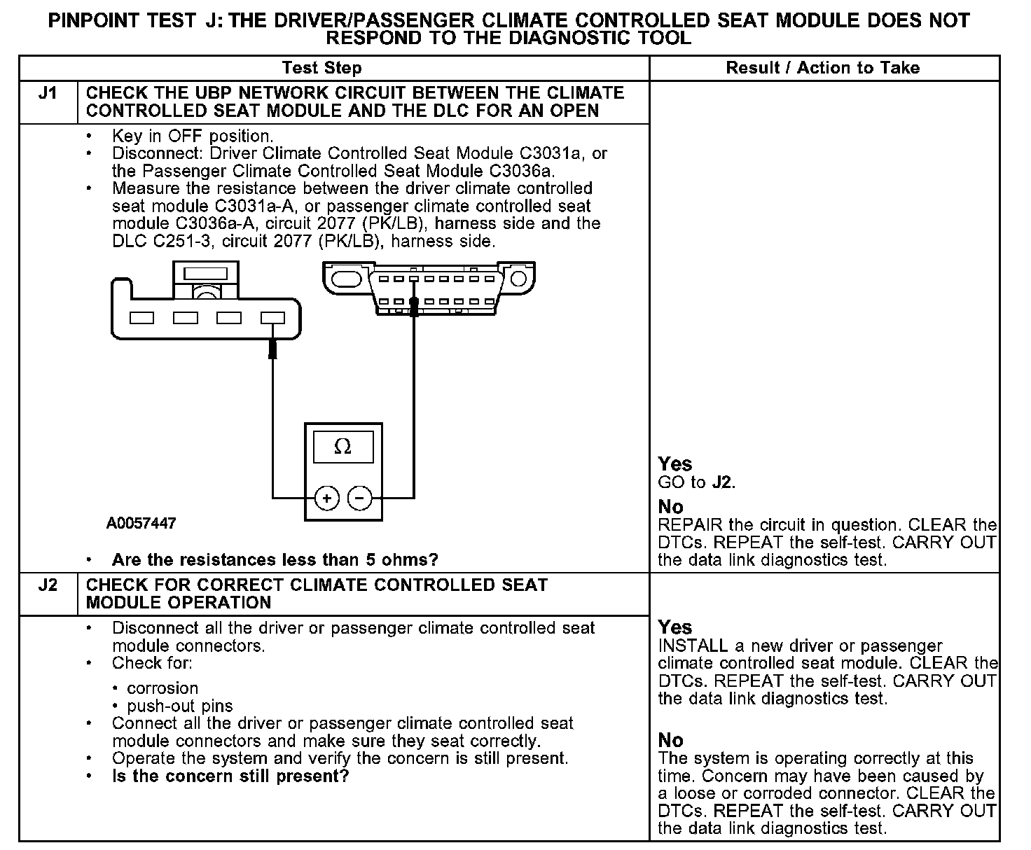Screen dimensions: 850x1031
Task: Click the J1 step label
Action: coord(48,93)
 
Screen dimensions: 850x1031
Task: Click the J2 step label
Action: coord(48,585)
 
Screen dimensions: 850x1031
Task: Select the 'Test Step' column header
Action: coord(321,68)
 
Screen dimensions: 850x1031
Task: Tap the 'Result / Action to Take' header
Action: coord(823,68)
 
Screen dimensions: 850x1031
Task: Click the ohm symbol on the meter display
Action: coord(342,447)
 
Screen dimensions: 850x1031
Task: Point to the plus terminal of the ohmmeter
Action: coord(326,498)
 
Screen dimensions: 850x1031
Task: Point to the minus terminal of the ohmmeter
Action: coord(359,498)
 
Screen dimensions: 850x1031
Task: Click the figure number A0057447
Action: coord(141,523)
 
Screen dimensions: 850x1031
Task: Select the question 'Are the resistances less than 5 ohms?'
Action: coord(275,560)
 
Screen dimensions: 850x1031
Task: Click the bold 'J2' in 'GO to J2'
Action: coord(722,482)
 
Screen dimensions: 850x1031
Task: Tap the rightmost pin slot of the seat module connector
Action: coord(272,318)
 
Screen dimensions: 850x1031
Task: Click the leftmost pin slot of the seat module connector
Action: coord(142,318)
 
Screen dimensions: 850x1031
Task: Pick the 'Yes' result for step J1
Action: coord(675,464)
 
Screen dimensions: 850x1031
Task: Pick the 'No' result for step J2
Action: coord(671,740)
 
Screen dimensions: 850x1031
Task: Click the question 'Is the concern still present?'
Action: coord(230,776)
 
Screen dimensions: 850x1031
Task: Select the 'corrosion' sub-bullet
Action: coord(162,688)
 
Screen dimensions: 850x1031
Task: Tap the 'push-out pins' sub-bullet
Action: coord(180,706)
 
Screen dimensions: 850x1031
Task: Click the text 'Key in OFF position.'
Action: coord(193,136)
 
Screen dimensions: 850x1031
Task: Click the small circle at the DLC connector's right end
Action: coord(518,279)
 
